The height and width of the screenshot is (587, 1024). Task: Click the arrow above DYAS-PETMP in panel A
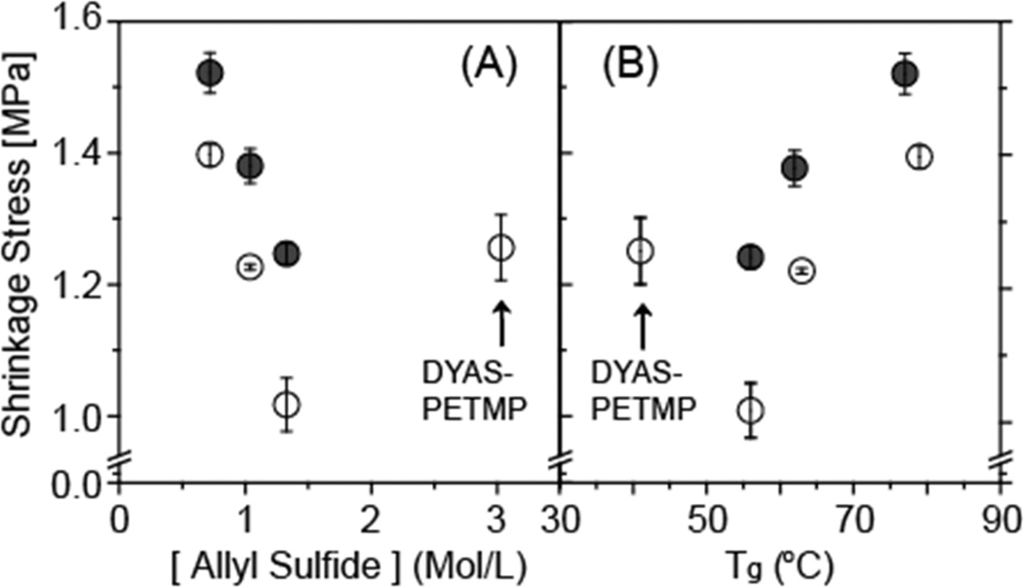[x=500, y=322]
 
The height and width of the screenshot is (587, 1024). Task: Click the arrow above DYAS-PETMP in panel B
[x=641, y=327]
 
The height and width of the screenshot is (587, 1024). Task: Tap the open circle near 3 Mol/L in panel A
[x=500, y=248]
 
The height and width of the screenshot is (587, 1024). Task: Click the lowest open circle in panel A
[x=286, y=404]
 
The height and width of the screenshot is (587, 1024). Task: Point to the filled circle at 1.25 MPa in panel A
[x=287, y=254]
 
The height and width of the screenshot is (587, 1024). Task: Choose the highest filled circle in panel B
[x=905, y=74]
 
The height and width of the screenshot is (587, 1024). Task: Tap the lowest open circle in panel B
[x=750, y=410]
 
